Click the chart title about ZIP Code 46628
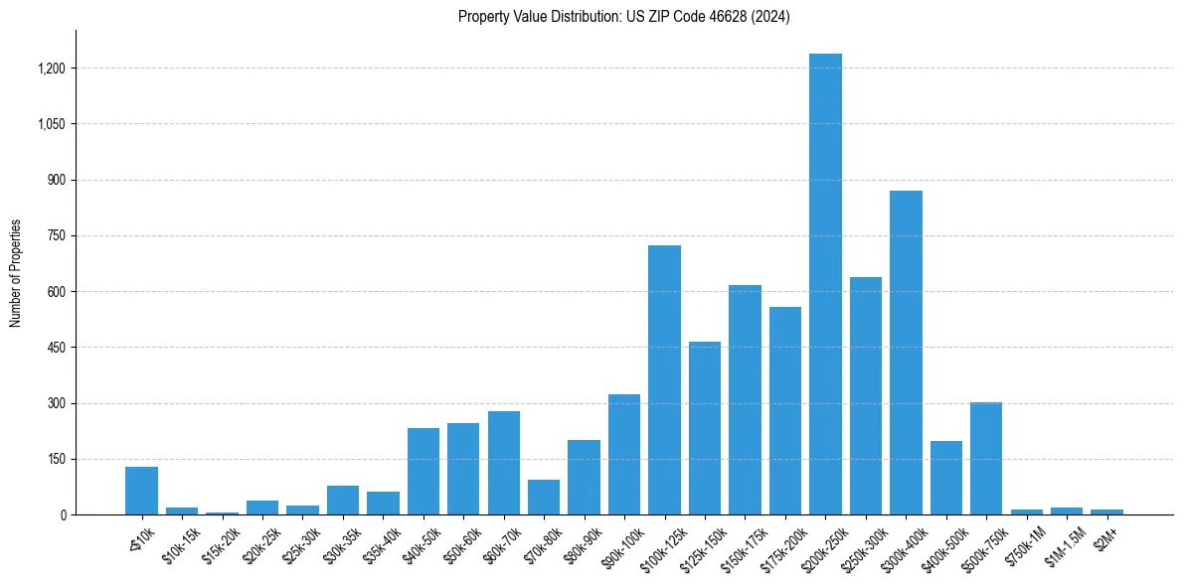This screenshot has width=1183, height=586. point(623,17)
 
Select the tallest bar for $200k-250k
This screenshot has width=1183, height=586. point(825,284)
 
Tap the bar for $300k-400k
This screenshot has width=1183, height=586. point(906,353)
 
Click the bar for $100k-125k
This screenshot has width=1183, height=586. point(664,380)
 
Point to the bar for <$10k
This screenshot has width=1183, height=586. point(141,491)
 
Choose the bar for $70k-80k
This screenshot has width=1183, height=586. point(544,498)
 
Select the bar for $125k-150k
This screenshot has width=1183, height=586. point(705,428)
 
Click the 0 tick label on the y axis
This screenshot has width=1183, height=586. point(63,514)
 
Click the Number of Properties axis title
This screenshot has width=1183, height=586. point(16,272)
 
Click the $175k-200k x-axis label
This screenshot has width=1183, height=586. point(781,543)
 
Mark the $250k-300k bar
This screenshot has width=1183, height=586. point(866,396)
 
